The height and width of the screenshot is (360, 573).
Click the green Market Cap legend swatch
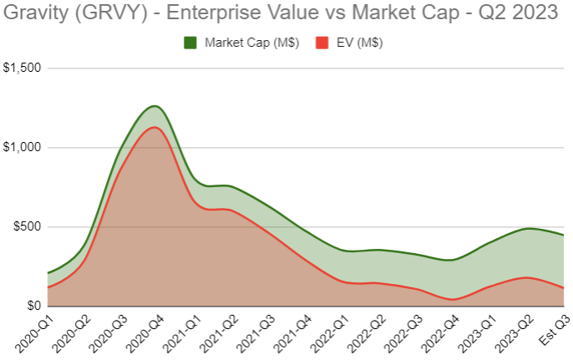190,43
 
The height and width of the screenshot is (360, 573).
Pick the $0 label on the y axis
32,307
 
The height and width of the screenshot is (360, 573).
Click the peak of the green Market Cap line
154,106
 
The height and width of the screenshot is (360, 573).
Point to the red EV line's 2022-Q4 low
454,299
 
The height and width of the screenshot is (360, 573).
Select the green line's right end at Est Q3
563,236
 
